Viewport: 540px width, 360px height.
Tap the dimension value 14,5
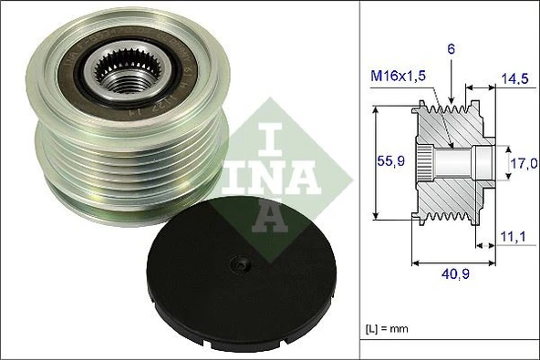coord(517,79)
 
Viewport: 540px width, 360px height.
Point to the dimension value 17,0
coord(523,164)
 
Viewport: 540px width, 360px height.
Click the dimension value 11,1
coord(516,239)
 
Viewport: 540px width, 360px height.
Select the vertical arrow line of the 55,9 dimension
coord(376,162)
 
